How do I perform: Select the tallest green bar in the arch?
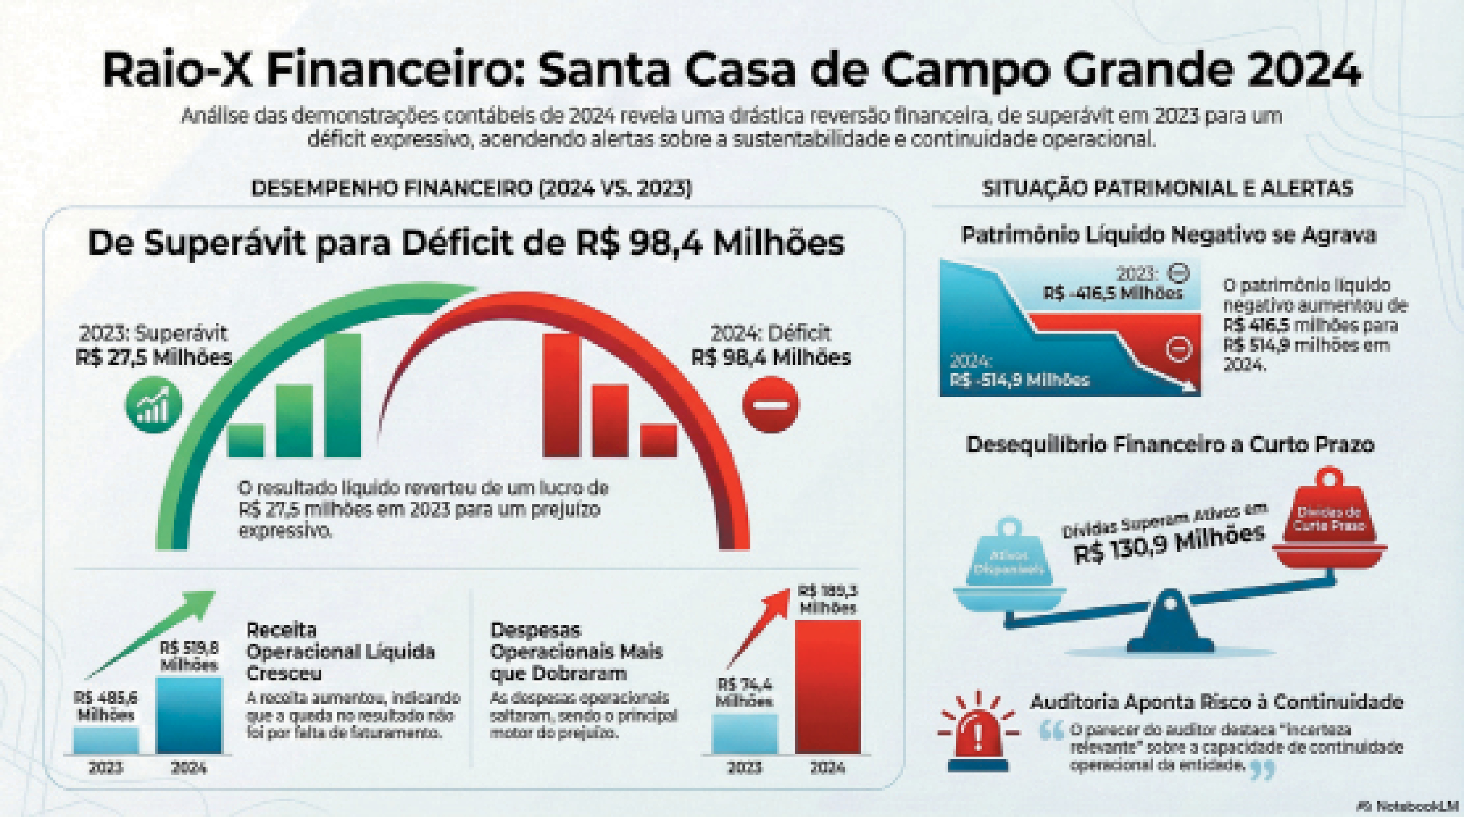point(343,395)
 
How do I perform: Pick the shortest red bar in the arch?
point(659,440)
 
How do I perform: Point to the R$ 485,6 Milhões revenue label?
point(106,706)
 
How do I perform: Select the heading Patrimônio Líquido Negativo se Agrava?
point(1168,235)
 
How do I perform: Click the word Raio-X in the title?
point(176,70)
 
